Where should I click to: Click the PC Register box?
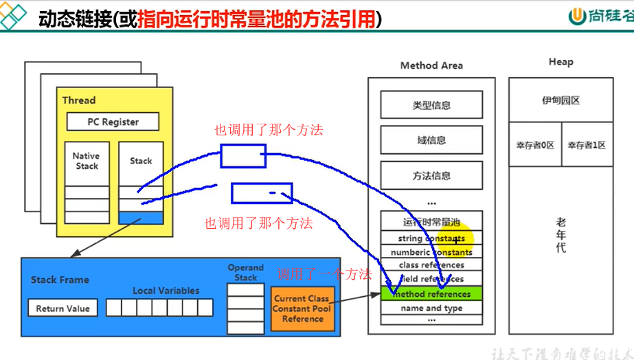[x=113, y=122]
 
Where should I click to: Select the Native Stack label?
[x=87, y=161]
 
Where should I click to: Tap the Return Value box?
[x=63, y=308]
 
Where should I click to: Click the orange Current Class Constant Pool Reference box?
[x=302, y=308]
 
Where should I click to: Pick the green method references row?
[x=431, y=294]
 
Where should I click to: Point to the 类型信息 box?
[x=431, y=105]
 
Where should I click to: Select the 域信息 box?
[x=431, y=140]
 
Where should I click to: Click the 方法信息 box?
[x=431, y=176]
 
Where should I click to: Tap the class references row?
[x=431, y=265]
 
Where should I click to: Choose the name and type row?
[x=431, y=308]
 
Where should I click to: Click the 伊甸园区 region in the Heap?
[x=561, y=100]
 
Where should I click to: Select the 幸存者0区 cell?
[x=535, y=145]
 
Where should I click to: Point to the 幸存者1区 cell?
[x=587, y=145]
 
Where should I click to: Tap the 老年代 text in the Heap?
[x=561, y=235]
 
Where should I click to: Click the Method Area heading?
[x=431, y=65]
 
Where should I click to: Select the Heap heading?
[x=561, y=62]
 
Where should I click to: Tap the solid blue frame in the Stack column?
[x=141, y=218]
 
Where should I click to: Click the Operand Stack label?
[x=245, y=273]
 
